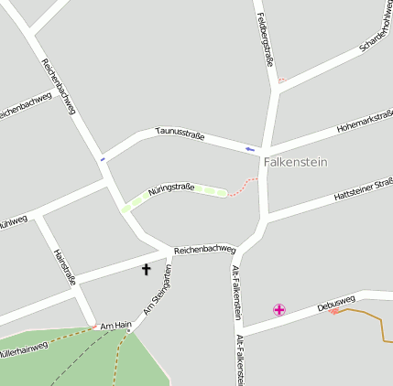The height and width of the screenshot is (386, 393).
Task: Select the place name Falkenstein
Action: [x=295, y=162]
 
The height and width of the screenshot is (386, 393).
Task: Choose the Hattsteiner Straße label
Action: [x=364, y=192]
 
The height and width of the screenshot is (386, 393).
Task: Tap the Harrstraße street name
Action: [x=64, y=267]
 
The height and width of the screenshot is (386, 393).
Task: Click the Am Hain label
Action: [x=116, y=325]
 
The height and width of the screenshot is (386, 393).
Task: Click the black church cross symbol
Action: [x=145, y=269]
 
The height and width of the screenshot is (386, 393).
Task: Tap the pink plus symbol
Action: [x=278, y=310]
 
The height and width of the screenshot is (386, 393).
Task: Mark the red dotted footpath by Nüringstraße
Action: [x=243, y=187]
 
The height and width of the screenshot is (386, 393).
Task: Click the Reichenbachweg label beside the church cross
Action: [x=204, y=248]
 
